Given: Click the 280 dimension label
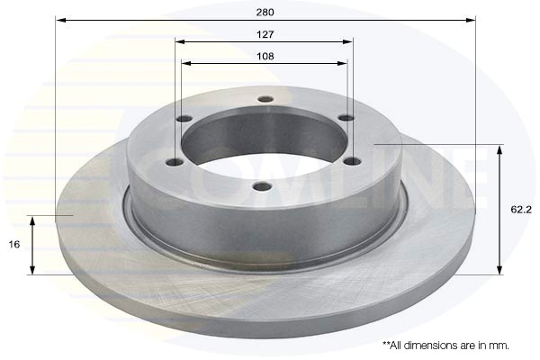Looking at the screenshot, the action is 265,13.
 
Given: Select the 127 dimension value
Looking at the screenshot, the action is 265,34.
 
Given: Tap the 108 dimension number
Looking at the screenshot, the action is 265,56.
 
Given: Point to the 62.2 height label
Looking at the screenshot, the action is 521,209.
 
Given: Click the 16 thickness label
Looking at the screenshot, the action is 14,245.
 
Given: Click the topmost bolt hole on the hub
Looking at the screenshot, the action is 265,99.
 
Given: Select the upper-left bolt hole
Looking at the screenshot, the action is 184,119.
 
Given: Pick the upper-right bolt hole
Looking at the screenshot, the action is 346,118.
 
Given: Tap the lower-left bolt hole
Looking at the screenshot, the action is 175,162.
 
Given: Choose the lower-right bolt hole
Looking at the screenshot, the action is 353,161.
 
